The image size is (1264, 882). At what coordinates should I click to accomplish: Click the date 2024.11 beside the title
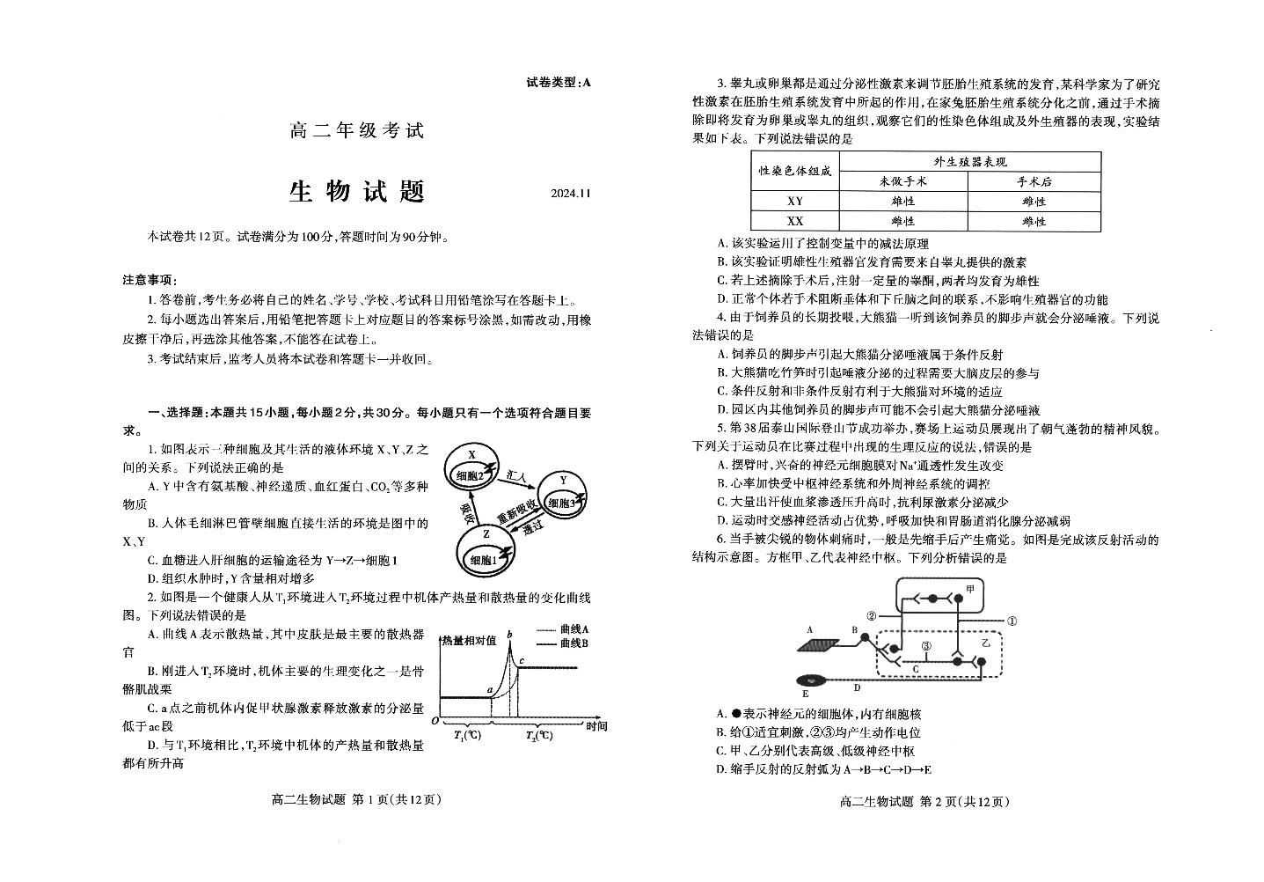571,193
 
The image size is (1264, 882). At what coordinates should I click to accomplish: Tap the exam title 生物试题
356,191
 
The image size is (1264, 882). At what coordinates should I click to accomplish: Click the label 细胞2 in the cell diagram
470,475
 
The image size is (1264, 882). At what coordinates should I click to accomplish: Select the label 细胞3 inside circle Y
561,503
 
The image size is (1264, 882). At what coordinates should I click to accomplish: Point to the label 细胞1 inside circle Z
484,560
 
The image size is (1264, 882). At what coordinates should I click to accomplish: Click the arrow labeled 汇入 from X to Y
517,483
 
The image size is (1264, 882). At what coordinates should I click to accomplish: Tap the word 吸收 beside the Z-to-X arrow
467,514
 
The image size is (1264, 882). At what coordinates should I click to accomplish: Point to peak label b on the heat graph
509,635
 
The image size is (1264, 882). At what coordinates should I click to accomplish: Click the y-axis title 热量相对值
469,640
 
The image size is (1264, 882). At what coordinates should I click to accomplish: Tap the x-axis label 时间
595,726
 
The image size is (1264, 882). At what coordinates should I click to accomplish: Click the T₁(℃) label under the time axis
468,735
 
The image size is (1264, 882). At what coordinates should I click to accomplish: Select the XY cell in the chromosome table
795,201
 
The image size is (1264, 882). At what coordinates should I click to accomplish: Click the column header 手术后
1034,181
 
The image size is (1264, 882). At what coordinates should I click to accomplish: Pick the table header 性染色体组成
795,171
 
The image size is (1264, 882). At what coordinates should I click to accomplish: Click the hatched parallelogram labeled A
818,645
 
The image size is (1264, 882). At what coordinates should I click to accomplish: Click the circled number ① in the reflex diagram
1012,621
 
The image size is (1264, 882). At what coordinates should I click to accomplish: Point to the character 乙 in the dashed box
986,643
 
